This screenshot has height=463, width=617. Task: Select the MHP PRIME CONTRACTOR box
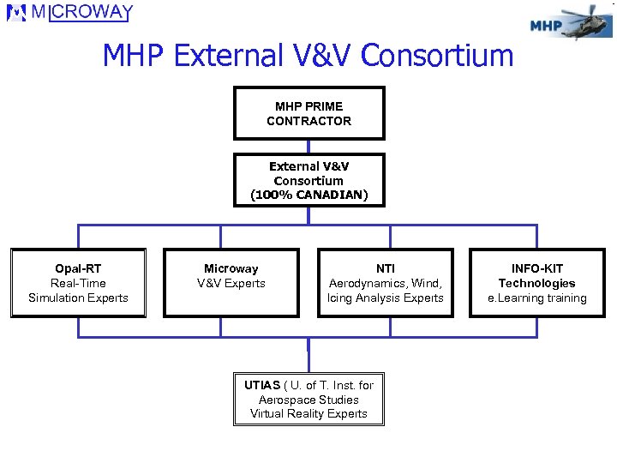tap(308, 113)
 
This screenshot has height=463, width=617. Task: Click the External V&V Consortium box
tap(308, 180)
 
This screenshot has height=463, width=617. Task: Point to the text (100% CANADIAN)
tap(308, 195)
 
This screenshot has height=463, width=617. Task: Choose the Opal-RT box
tap(78, 283)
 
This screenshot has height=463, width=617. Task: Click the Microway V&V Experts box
tap(231, 283)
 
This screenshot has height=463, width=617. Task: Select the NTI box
tap(386, 283)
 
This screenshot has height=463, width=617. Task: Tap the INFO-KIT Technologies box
tap(537, 283)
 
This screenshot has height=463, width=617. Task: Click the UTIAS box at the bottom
tap(308, 399)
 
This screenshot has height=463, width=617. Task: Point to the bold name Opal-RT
tap(78, 268)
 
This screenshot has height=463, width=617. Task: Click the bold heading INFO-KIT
tap(537, 268)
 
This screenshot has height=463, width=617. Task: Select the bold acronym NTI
tap(386, 268)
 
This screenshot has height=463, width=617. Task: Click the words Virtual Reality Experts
tap(308, 413)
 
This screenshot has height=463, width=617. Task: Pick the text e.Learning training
tap(537, 298)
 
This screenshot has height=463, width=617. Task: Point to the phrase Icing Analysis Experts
tap(386, 298)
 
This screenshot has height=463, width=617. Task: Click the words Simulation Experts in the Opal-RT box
tap(78, 298)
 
